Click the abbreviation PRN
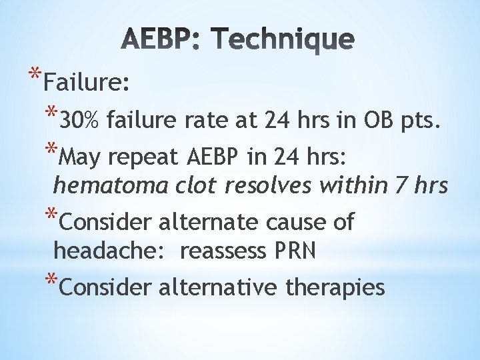pos(293,251)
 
